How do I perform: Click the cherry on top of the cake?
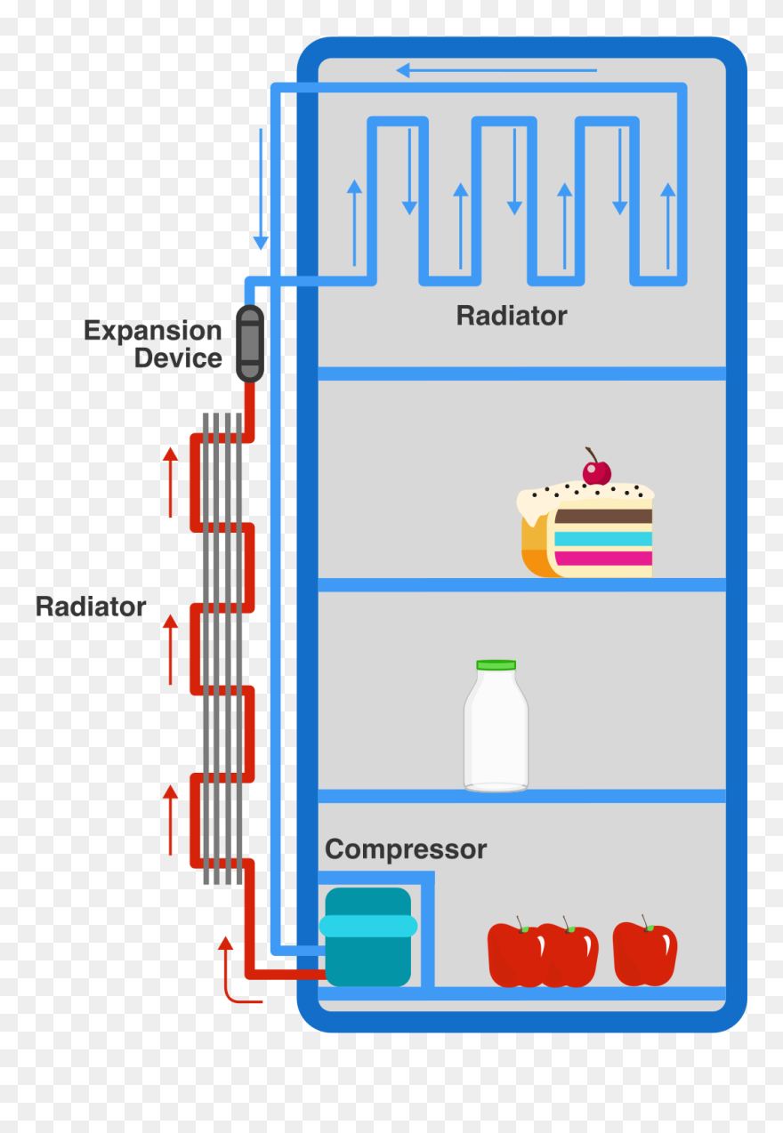[x=597, y=471]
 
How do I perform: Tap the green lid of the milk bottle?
[x=496, y=664]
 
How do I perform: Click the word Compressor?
[x=406, y=849]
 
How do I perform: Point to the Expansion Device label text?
[x=153, y=344]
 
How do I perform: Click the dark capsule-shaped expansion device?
[x=250, y=343]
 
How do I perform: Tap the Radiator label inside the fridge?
[x=511, y=316]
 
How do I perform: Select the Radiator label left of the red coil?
[x=91, y=607]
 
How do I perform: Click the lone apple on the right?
[x=645, y=953]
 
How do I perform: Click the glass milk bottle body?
[x=496, y=734]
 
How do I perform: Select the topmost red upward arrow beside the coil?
[x=170, y=481]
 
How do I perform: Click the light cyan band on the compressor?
[x=368, y=926]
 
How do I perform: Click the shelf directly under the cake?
[x=521, y=584]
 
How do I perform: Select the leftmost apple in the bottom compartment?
[x=513, y=954]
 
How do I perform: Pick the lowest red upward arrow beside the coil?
[x=170, y=819]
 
